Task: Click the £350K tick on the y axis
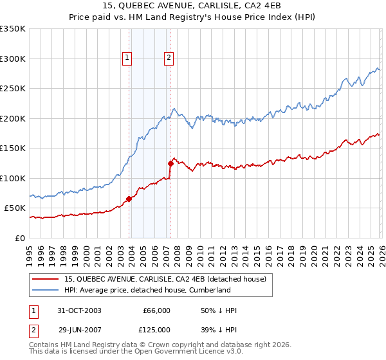click(x=13, y=29)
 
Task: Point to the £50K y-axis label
click(x=15, y=208)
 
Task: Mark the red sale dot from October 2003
click(x=129, y=199)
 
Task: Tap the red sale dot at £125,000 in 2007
click(x=170, y=163)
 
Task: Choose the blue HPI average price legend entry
click(x=147, y=290)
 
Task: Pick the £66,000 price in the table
click(x=156, y=310)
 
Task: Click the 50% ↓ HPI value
click(x=218, y=310)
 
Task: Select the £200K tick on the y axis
click(x=13, y=118)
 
